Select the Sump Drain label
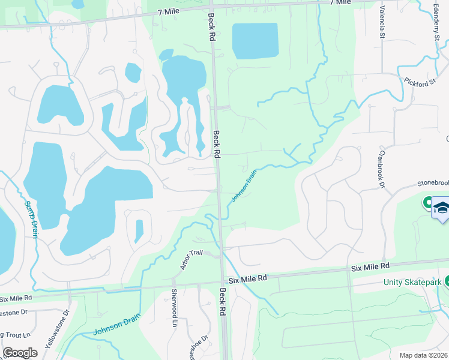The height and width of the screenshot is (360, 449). click(31, 219)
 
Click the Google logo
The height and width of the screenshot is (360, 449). click(20, 353)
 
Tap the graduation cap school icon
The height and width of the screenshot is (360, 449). click(441, 208)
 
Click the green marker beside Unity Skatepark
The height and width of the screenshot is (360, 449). click(447, 281)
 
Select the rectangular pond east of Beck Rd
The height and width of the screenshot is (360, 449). click(255, 41)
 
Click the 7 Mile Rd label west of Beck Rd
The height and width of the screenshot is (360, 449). click(170, 11)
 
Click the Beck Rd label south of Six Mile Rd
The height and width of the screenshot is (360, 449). click(223, 302)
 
